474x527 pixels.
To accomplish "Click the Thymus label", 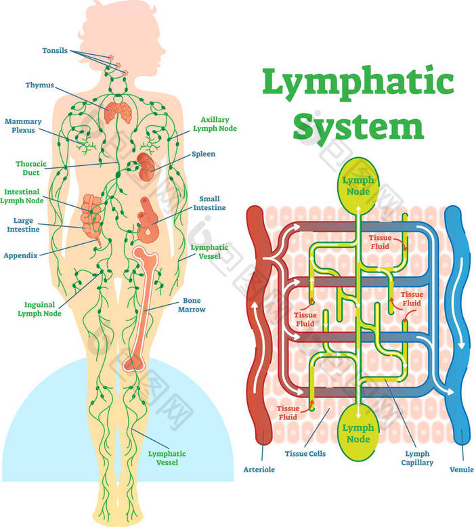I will click(39, 85).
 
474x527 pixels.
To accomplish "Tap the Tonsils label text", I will click(54, 51).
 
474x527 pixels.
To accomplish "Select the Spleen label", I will click(203, 154).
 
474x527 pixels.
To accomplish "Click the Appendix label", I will click(20, 255).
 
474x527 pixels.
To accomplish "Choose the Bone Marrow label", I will click(194, 305).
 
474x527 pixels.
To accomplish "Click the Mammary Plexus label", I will click(23, 126).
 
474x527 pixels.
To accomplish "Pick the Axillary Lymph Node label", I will click(215, 123).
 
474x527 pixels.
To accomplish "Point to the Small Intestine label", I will click(212, 203).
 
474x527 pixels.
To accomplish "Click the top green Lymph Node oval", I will click(357, 186).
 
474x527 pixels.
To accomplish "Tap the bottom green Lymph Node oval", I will click(357, 434).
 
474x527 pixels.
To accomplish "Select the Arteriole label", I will click(259, 469).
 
